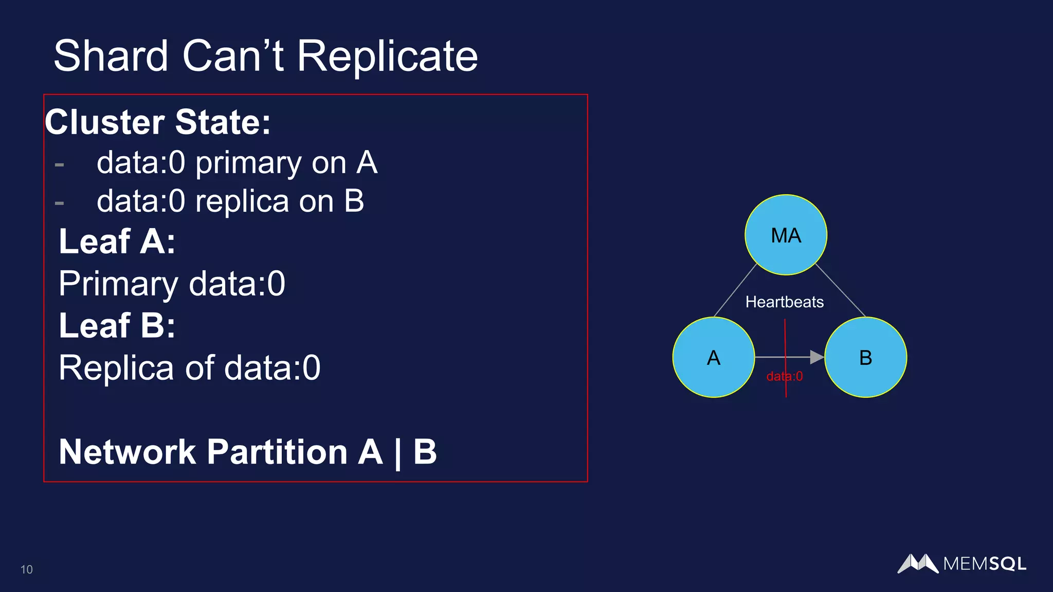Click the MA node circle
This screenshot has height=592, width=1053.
pyautogui.click(x=786, y=235)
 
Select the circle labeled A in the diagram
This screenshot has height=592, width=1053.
pyautogui.click(x=714, y=357)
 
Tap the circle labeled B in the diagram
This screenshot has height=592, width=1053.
pyautogui.click(x=865, y=357)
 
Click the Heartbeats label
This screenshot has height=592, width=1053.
pyautogui.click(x=784, y=302)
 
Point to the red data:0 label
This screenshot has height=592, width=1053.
pyautogui.click(x=784, y=376)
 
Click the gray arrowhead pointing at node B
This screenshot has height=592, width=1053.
pyautogui.click(x=816, y=357)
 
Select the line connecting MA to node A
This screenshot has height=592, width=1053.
pyautogui.click(x=735, y=290)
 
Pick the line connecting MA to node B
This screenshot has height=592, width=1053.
pyautogui.click(x=841, y=290)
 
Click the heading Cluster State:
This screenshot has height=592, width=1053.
pyautogui.click(x=157, y=122)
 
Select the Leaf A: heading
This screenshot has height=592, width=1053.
pyautogui.click(x=117, y=241)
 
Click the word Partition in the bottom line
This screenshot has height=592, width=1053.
pyautogui.click(x=278, y=452)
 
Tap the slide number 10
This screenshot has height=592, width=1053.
pyautogui.click(x=27, y=569)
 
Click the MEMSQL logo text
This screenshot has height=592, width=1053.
pyautogui.click(x=984, y=564)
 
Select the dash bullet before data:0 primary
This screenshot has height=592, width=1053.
pyautogui.click(x=60, y=165)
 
